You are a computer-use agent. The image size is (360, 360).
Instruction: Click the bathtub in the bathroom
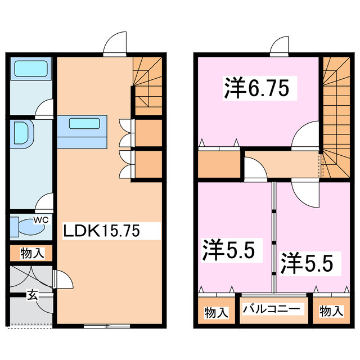coord(31,69)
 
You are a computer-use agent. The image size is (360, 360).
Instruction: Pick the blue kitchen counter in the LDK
coord(82,130)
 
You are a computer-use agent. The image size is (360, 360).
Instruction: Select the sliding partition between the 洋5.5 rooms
coord(274,236)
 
